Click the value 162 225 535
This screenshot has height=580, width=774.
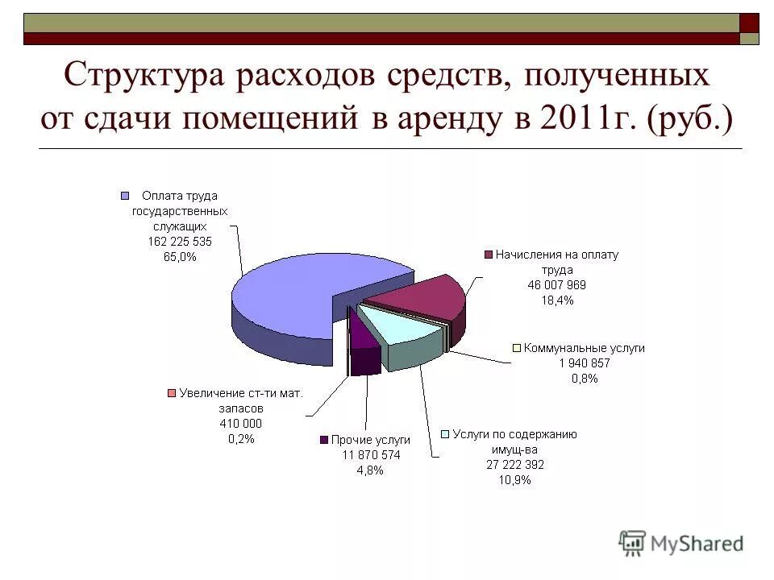[180, 241]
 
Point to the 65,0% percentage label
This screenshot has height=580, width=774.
[180, 257]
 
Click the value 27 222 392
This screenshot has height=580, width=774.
[515, 464]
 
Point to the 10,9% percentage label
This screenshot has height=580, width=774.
[515, 479]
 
